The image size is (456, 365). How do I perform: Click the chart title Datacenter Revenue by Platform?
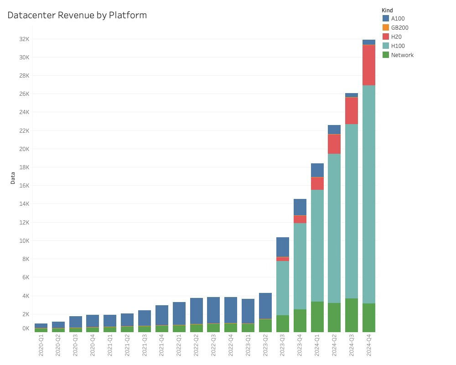[77, 15]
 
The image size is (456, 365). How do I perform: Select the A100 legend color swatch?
[386, 18]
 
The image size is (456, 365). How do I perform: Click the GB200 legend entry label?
[399, 27]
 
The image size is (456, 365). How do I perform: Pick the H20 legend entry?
[396, 36]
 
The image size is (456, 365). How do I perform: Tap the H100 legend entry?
[398, 46]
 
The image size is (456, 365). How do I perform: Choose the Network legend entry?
[402, 55]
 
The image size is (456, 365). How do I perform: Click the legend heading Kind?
[388, 10]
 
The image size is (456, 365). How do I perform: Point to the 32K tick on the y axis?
[24, 39]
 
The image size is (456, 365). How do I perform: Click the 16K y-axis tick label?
[24, 186]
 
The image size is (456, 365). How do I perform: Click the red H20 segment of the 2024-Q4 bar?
[369, 65]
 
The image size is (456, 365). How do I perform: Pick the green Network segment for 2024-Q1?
[317, 317]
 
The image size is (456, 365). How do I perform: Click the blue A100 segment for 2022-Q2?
[197, 311]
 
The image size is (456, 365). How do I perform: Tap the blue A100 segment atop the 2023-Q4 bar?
[300, 207]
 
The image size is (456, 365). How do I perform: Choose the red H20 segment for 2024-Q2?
[334, 144]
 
